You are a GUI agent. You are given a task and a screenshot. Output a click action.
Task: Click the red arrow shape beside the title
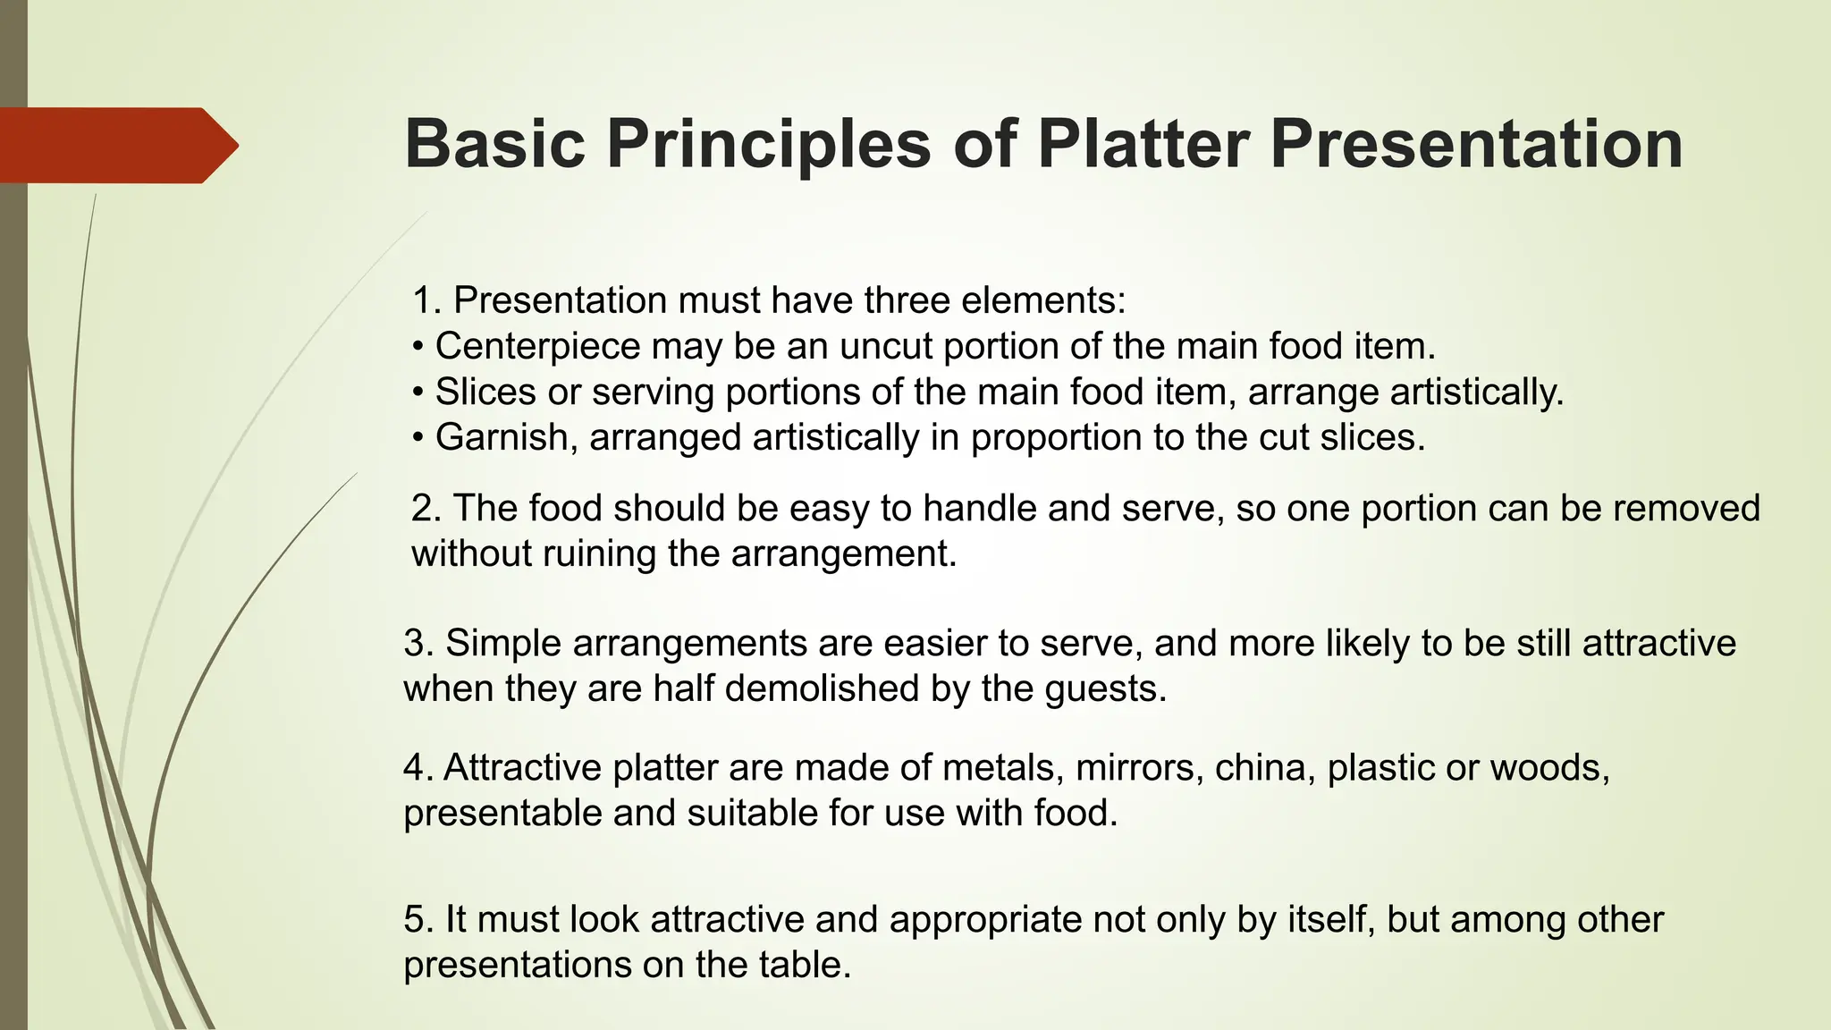coord(116,145)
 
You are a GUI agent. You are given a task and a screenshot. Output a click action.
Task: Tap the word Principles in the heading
coord(768,145)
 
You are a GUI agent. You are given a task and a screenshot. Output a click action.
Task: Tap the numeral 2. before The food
coord(426,508)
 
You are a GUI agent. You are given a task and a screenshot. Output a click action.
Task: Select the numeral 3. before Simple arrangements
coord(418,643)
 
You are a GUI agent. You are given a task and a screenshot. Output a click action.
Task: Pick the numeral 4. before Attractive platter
coord(418,767)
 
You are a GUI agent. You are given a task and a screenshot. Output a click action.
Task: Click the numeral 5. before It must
coord(418,919)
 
